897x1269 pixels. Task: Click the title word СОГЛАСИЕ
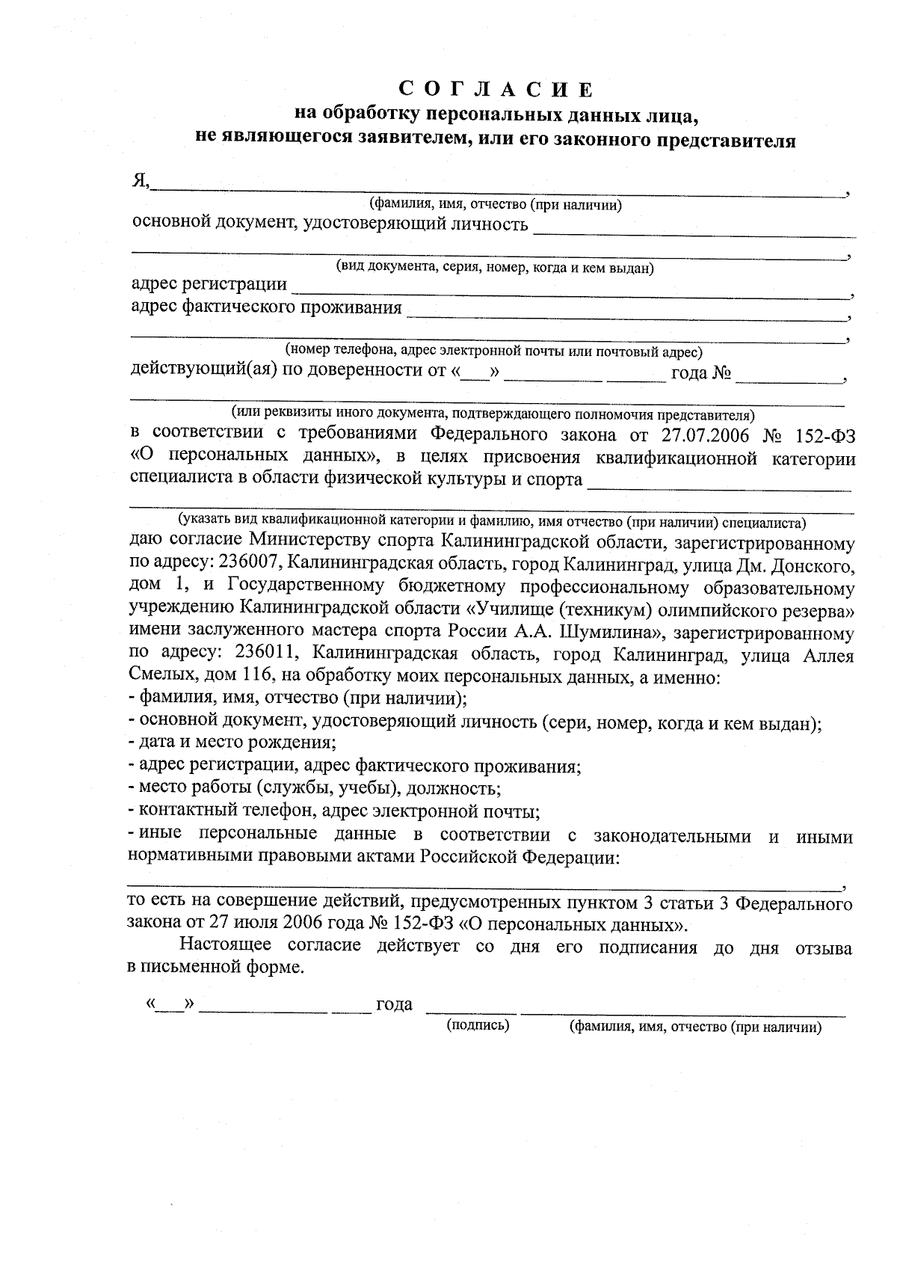pyautogui.click(x=496, y=90)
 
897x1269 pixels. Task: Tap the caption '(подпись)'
pyautogui.click(x=478, y=1025)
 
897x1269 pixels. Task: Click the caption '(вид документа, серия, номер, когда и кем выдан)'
pyautogui.click(x=494, y=268)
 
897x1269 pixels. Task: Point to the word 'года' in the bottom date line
pyautogui.click(x=394, y=1004)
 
